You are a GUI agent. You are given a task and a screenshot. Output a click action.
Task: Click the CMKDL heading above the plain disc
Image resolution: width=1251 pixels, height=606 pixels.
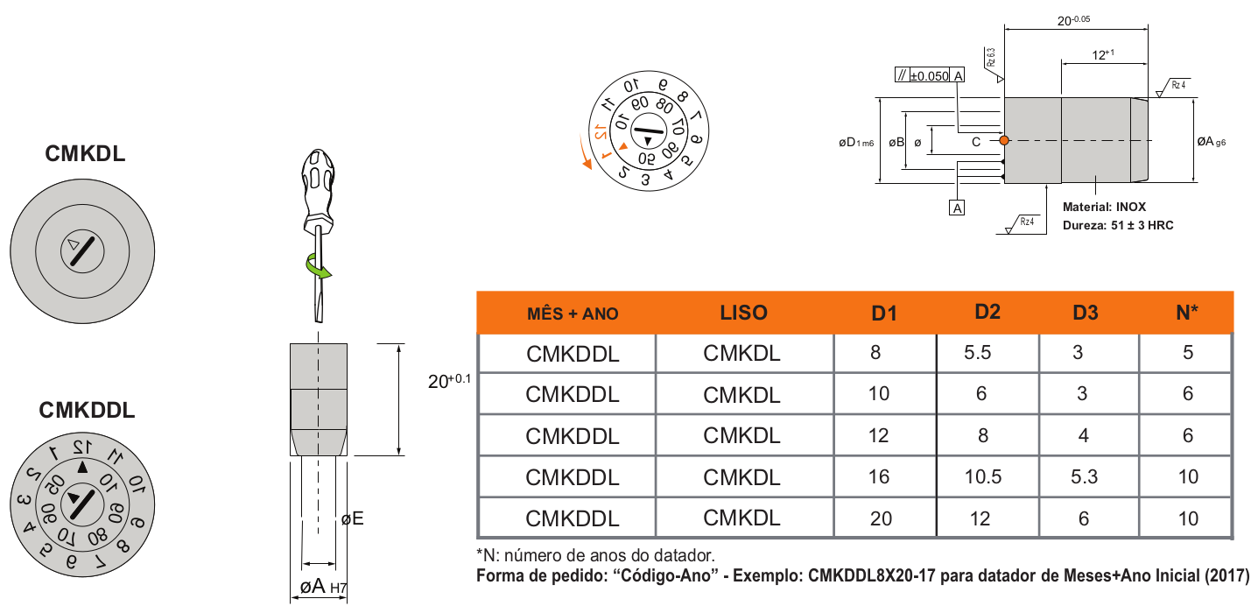[x=85, y=155]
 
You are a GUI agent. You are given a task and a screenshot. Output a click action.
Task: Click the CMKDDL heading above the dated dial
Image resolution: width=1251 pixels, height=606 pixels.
[x=87, y=410]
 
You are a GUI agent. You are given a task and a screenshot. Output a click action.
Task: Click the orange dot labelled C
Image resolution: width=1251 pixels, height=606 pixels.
[x=1004, y=140]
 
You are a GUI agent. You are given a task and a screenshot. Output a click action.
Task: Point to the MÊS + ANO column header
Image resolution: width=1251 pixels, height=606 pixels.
[x=573, y=314]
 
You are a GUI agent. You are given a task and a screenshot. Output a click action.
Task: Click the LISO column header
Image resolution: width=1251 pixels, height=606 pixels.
[x=743, y=313]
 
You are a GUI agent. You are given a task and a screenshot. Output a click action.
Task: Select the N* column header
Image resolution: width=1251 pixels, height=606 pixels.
[x=1187, y=312]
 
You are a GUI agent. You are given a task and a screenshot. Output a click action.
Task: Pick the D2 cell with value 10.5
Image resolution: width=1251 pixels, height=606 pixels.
[x=981, y=476]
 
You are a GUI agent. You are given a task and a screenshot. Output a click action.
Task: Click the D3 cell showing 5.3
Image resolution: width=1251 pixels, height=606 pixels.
[x=1083, y=476]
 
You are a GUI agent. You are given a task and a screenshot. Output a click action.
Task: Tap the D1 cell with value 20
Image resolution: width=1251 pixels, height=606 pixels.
[x=881, y=518]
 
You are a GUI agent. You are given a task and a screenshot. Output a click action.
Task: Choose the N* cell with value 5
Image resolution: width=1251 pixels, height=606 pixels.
[x=1187, y=353]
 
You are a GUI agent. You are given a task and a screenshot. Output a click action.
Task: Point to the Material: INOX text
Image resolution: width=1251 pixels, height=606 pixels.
[x=1103, y=208]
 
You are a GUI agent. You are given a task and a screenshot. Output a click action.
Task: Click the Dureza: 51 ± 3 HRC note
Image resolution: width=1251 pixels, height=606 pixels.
[x=1117, y=225]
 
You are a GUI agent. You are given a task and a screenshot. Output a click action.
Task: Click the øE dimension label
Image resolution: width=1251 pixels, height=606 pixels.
[x=352, y=519]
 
